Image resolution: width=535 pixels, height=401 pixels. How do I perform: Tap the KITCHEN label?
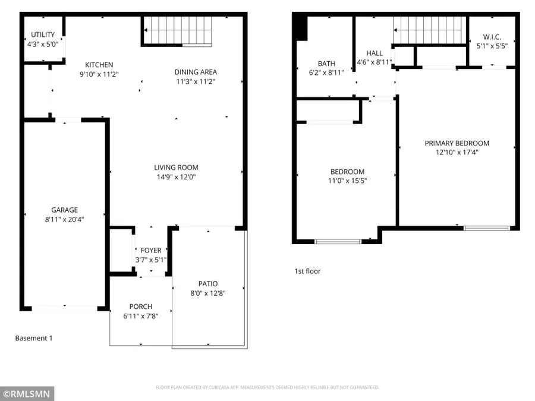[x=99, y=65]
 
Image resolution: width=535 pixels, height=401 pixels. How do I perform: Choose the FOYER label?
[x=150, y=251]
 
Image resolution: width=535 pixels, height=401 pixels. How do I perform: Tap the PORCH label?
[x=141, y=307]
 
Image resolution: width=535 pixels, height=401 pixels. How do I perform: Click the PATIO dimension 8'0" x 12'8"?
[x=208, y=293]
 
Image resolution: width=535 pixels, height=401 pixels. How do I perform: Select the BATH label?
[x=326, y=64]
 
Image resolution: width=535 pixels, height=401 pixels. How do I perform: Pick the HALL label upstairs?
[x=374, y=53]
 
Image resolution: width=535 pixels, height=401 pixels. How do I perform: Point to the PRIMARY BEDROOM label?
[x=457, y=143]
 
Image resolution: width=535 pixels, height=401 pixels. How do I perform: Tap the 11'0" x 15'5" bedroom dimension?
[x=347, y=181]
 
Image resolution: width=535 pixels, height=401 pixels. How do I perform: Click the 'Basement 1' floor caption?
[x=34, y=338]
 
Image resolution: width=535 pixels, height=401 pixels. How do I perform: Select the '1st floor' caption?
[x=307, y=271]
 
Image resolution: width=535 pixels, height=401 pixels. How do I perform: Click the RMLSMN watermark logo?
[x=27, y=393]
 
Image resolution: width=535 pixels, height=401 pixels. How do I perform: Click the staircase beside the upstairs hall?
[x=428, y=30]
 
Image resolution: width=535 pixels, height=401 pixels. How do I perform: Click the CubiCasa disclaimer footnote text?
[x=267, y=387]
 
